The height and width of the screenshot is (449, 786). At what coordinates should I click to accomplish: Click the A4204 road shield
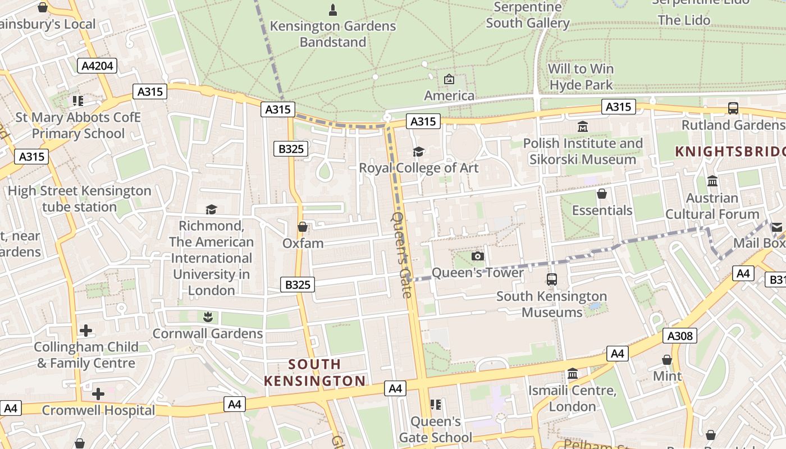pyautogui.click(x=97, y=66)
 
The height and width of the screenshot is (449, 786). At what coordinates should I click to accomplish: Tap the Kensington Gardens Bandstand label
pyautogui.click(x=333, y=34)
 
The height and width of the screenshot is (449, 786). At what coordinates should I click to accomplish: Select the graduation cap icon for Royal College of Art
pyautogui.click(x=418, y=152)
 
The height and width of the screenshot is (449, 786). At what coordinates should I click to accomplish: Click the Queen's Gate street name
pyautogui.click(x=403, y=254)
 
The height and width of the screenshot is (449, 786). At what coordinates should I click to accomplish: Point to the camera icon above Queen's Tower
pyautogui.click(x=477, y=256)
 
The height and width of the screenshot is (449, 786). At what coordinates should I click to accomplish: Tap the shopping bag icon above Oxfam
pyautogui.click(x=303, y=227)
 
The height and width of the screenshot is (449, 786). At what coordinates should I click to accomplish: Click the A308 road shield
pyautogui.click(x=679, y=336)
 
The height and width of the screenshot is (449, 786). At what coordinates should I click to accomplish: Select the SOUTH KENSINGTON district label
pyautogui.click(x=314, y=373)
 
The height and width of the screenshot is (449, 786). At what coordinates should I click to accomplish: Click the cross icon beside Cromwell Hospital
pyautogui.click(x=98, y=394)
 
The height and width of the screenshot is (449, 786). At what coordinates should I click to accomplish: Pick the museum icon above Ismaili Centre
pyautogui.click(x=573, y=373)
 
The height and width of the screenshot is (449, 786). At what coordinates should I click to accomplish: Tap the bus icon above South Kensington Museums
pyautogui.click(x=552, y=279)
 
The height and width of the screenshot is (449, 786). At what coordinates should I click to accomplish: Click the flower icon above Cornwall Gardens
pyautogui.click(x=208, y=317)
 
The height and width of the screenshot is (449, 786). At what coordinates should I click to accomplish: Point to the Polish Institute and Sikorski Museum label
pyautogui.click(x=583, y=151)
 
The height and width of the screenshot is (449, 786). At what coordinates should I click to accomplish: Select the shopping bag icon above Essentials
pyautogui.click(x=602, y=194)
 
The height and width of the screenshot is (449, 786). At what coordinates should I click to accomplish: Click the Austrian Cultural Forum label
pyautogui.click(x=712, y=206)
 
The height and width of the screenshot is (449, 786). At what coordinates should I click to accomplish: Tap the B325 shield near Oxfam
pyautogui.click(x=298, y=285)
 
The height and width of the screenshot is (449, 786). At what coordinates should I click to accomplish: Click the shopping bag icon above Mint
pyautogui.click(x=667, y=359)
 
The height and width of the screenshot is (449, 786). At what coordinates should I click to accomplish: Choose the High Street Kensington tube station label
pyautogui.click(x=79, y=199)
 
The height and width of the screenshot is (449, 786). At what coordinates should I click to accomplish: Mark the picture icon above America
pyautogui.click(x=449, y=79)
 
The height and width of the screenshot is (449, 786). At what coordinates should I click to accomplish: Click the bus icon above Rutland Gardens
pyautogui.click(x=733, y=108)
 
